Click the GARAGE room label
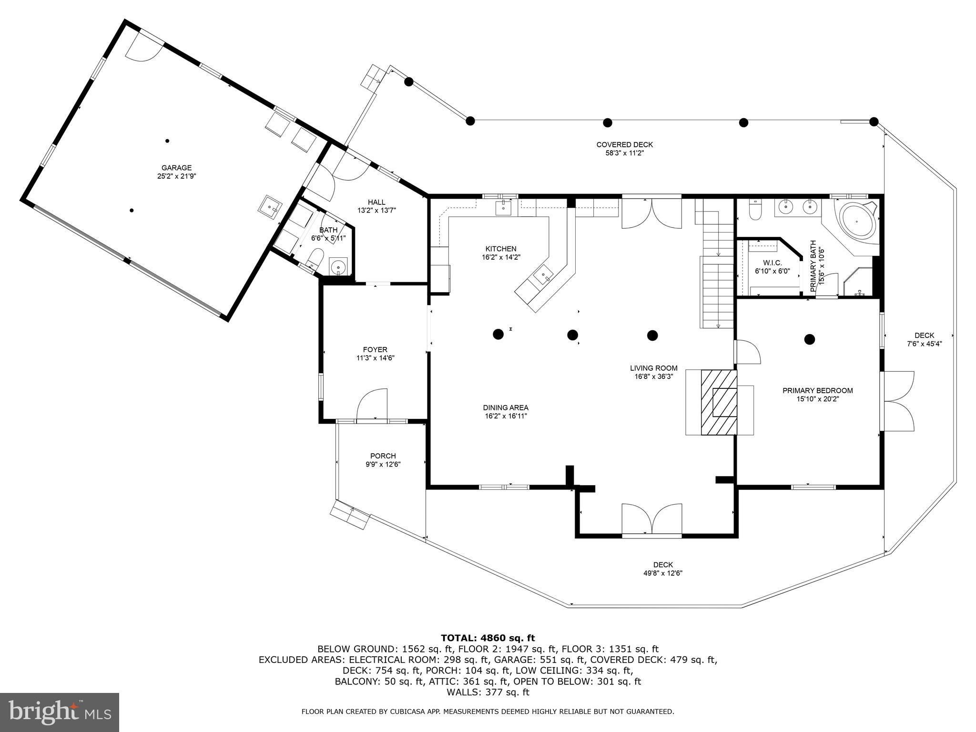(176, 168)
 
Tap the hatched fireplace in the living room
(718, 402)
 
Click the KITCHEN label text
(500, 249)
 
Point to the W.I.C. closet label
(772, 263)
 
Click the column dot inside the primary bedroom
(809, 339)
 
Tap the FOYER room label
(375, 350)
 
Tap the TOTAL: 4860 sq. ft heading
(488, 638)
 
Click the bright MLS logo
(60, 712)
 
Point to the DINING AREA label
(505, 407)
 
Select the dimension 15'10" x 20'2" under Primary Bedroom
(817, 399)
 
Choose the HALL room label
(376, 202)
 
